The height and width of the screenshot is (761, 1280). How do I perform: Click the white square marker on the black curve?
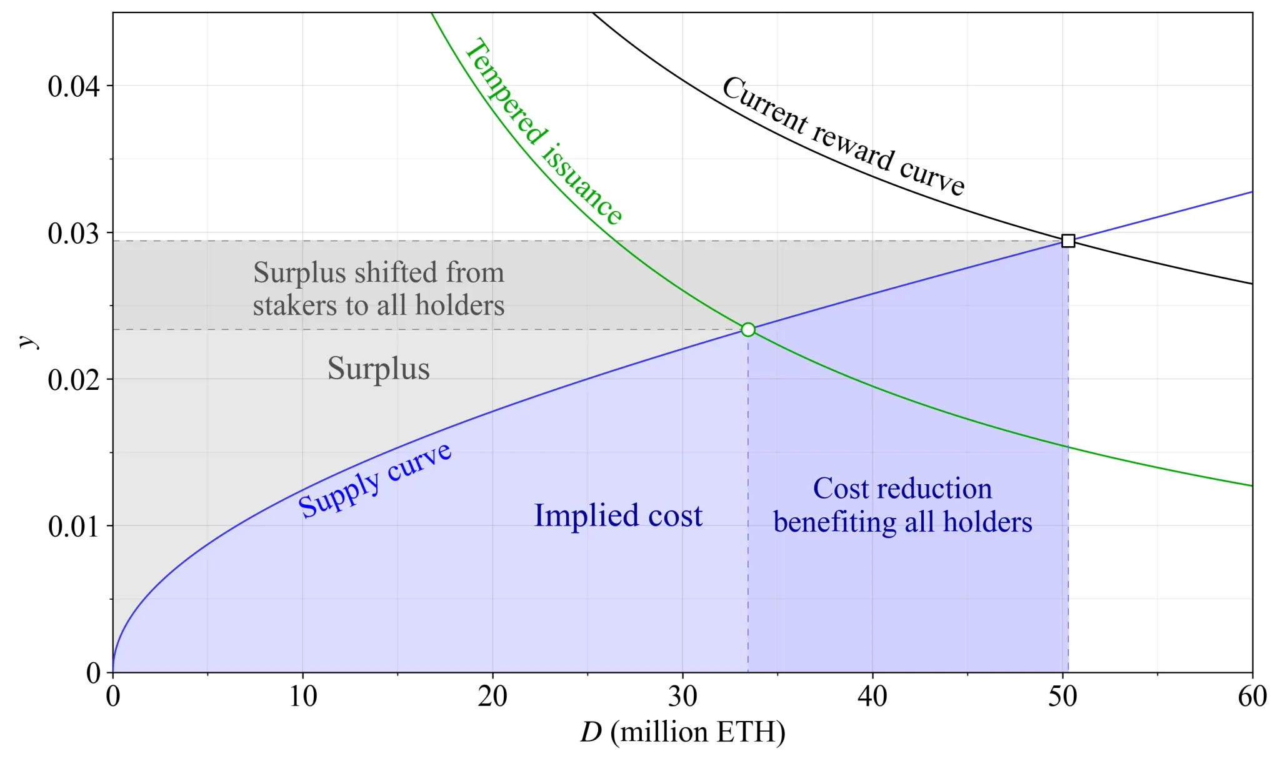1068,241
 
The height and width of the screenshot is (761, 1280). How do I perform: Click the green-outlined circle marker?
748,329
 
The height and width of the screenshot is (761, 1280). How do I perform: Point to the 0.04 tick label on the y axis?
73,86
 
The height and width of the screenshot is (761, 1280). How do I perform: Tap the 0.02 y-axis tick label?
73,379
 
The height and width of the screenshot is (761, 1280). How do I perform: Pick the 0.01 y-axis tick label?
73,526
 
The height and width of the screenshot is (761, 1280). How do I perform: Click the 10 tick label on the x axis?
302,696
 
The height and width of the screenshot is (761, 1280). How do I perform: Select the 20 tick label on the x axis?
492,696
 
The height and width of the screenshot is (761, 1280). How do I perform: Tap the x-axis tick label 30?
682,696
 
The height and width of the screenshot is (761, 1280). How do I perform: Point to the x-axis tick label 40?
872,696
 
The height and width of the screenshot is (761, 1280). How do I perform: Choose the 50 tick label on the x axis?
1062,696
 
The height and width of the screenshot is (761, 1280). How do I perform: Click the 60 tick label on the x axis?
1252,696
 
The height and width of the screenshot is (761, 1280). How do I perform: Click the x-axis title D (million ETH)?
682,732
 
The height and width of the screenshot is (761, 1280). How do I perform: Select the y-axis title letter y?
27,342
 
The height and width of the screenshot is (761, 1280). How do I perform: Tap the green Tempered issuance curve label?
542,131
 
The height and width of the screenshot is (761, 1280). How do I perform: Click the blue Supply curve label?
374,480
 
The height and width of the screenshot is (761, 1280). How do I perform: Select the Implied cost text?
618,515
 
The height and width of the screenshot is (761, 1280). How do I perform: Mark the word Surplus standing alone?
379,368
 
